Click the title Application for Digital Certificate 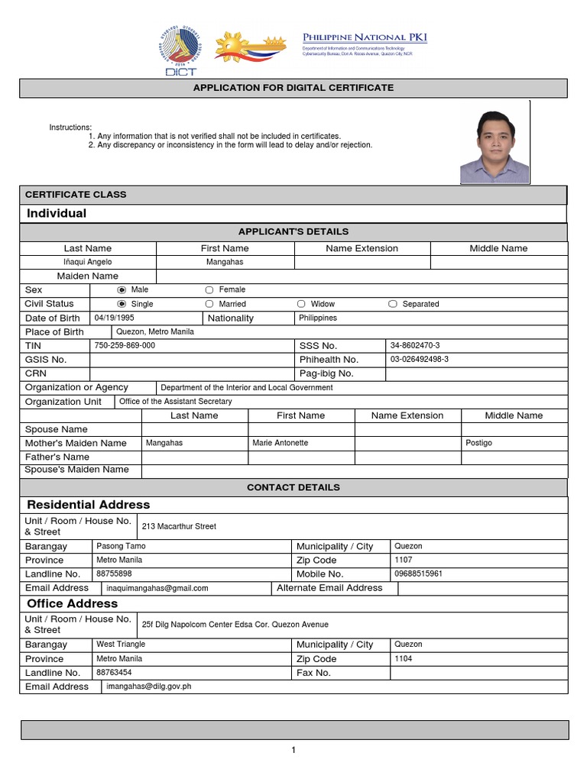click(293, 88)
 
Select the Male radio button click(121, 290)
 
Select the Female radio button click(209, 290)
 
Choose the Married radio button click(209, 304)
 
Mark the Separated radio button click(393, 304)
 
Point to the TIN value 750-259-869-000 click(125, 345)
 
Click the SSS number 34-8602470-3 click(415, 345)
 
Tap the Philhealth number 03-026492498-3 click(420, 359)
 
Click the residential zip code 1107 click(403, 560)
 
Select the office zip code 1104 click(403, 658)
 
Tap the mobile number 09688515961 click(418, 574)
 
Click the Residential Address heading click(89, 505)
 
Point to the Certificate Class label click(76, 195)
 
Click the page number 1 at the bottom click(293, 750)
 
